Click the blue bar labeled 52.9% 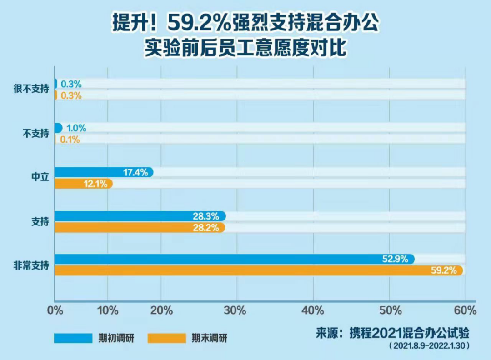234,259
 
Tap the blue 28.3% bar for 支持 140,216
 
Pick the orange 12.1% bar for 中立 83,184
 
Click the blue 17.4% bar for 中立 104,172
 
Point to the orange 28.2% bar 140,228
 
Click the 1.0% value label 76,128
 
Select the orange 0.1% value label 70,140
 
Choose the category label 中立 40,178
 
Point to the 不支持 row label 35,134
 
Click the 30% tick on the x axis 235,311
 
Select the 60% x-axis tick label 465,311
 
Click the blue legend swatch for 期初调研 73,338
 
